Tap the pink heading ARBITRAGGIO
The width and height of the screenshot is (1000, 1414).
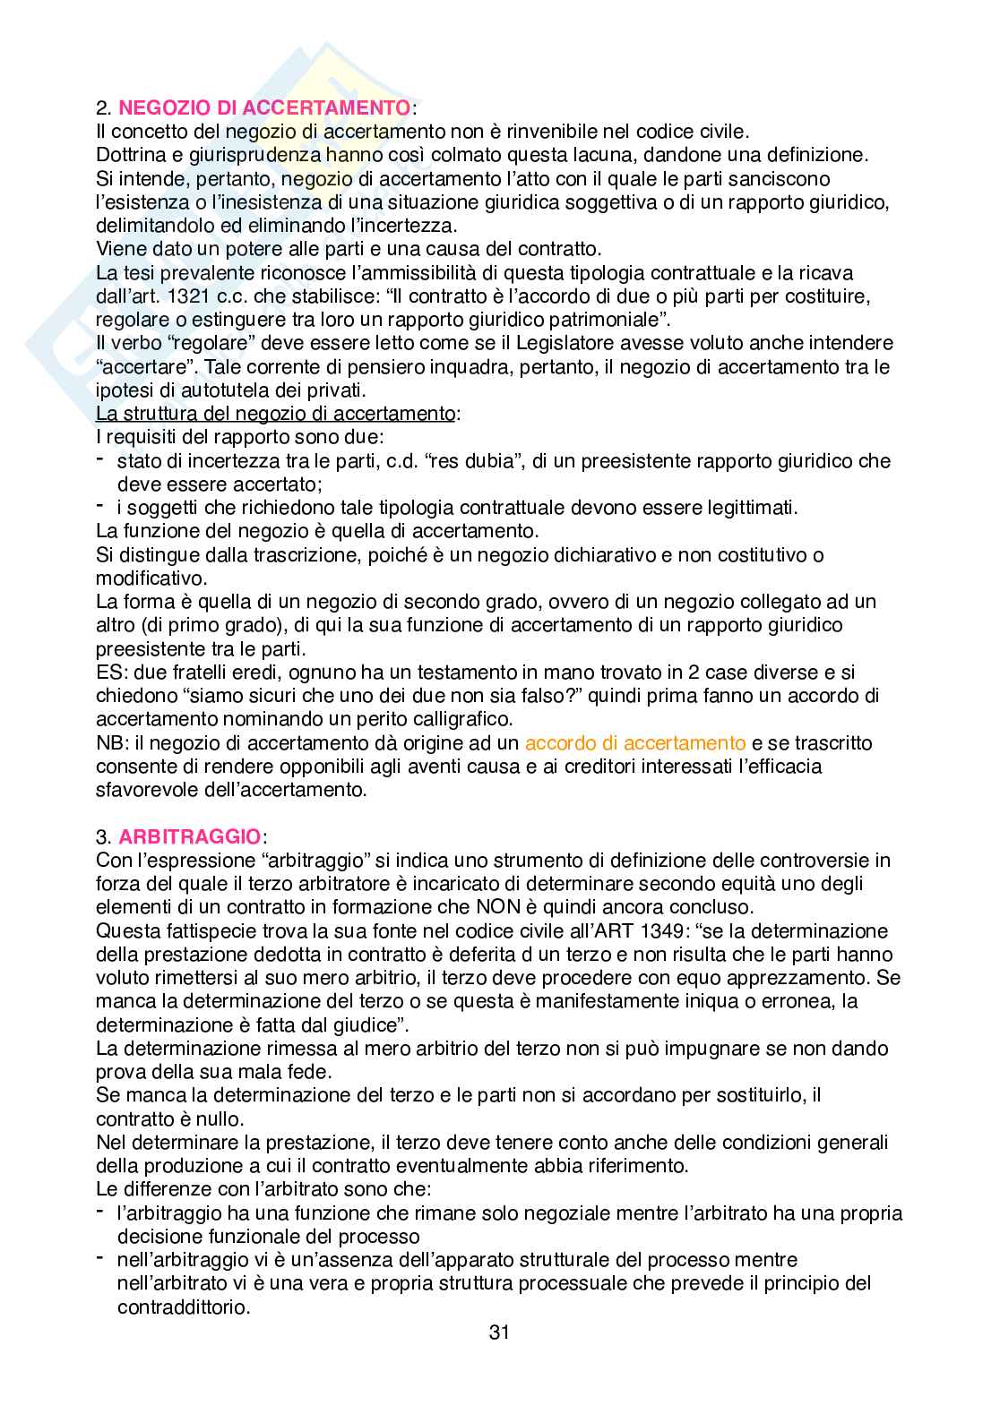[x=189, y=837]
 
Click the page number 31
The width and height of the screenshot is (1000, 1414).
[x=499, y=1332]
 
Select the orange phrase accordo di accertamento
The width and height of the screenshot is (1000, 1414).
[x=635, y=743]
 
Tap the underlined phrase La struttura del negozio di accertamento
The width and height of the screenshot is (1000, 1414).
[x=275, y=414]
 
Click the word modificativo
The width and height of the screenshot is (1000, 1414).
[x=150, y=578]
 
